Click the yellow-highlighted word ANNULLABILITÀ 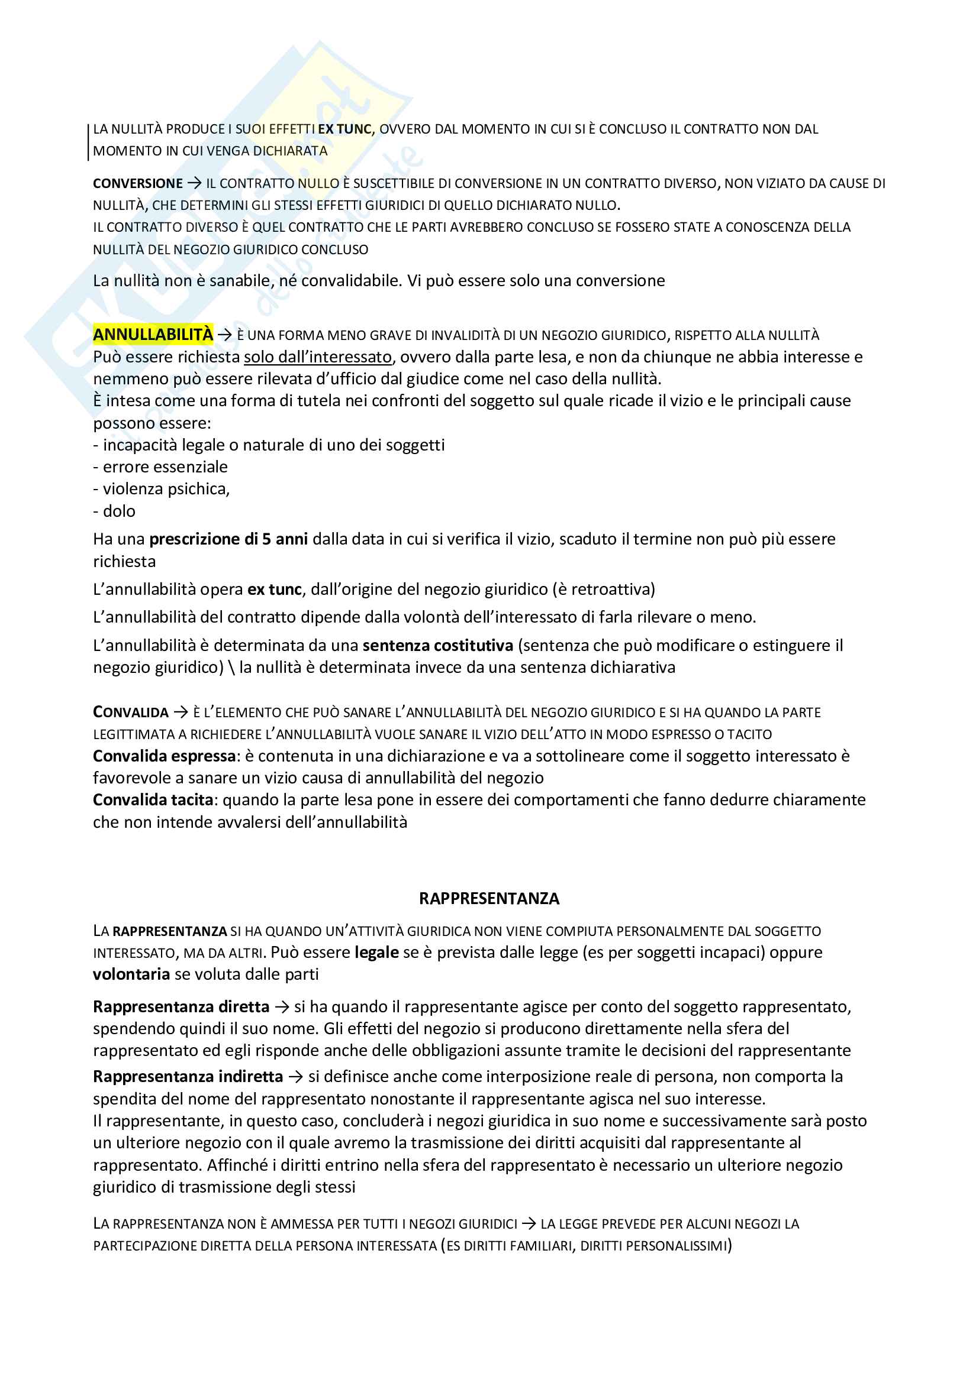[x=153, y=334]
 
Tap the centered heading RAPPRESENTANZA [x=489, y=899]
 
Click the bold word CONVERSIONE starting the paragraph [x=137, y=184]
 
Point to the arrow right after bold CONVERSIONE [x=194, y=183]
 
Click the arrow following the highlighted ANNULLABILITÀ [x=225, y=335]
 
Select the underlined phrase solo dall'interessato [x=318, y=357]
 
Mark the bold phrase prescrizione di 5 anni [x=228, y=539]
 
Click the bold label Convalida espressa [x=164, y=756]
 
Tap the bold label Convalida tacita [x=153, y=800]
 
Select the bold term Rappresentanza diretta [x=181, y=1006]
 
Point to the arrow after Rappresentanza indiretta [x=295, y=1076]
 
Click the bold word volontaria [x=131, y=974]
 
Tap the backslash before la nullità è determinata [x=231, y=668]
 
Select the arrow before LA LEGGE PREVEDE [x=529, y=1223]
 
